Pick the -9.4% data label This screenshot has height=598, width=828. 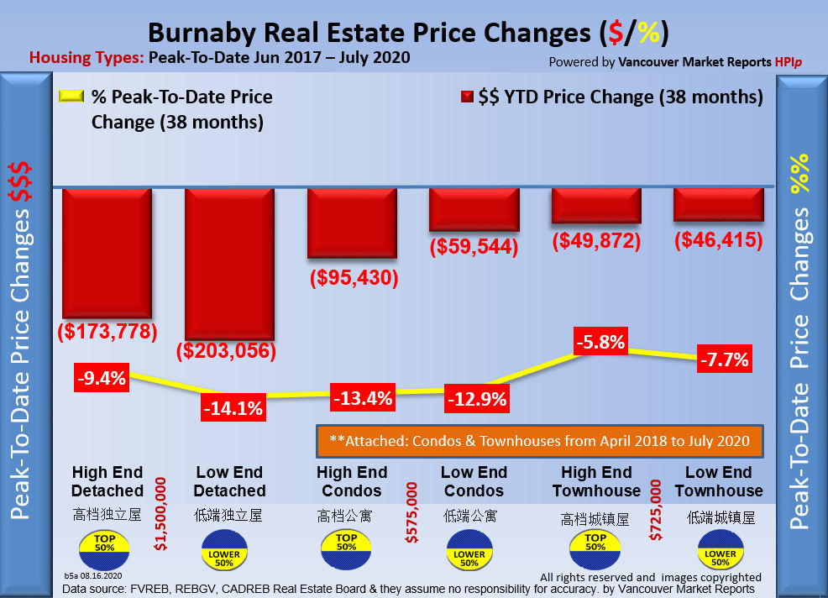[101, 377]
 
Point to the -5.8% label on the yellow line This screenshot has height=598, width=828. [600, 343]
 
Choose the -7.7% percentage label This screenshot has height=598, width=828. [723, 359]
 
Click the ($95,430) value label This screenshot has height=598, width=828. [352, 277]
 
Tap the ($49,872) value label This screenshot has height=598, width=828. [597, 241]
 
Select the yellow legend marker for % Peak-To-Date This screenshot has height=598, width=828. [71, 97]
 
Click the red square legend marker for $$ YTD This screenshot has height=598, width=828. [466, 97]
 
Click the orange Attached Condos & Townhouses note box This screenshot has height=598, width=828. [539, 440]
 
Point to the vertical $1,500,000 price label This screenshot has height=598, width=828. [161, 514]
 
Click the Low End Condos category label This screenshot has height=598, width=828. [474, 481]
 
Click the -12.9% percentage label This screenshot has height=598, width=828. [477, 399]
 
